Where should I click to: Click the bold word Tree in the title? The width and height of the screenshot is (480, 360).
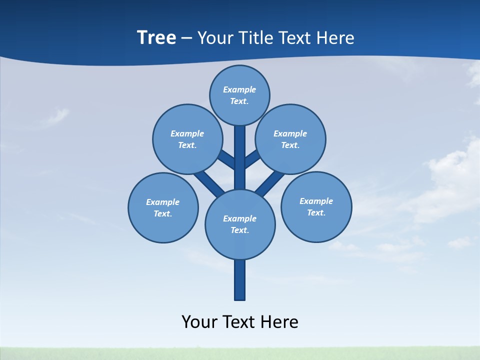coord(156,37)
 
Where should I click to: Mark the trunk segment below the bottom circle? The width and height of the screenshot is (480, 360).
coord(240,280)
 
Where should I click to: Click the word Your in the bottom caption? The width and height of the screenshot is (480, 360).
coord(199,322)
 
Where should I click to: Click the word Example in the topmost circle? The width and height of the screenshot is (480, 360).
coord(239,89)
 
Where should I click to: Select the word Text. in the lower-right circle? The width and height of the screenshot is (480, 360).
coord(316,212)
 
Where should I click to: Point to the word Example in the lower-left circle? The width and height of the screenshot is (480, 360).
coord(162,202)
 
